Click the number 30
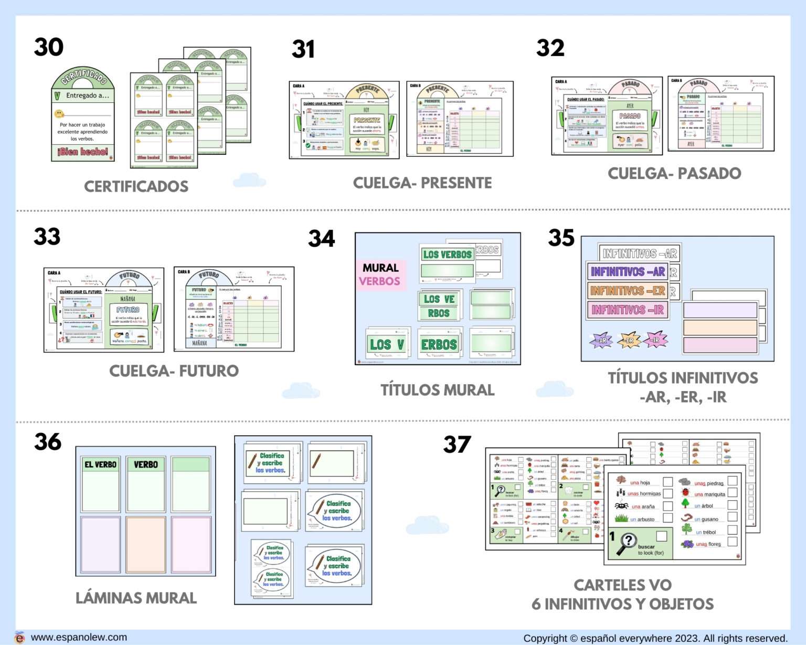tap(49, 47)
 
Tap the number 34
tap(321, 239)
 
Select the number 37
tap(457, 445)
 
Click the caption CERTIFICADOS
tap(136, 186)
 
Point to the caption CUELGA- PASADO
tap(674, 173)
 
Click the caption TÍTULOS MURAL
tap(437, 390)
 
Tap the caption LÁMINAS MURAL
tap(136, 598)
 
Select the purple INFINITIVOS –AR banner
tap(628, 272)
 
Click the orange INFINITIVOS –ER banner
tap(628, 291)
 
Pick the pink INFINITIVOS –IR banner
tap(628, 310)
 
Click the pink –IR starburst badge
tap(655, 340)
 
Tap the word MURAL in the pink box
tap(380, 268)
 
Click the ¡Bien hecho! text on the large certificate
tap(83, 152)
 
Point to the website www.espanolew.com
tap(79, 637)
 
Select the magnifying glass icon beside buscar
tap(627, 544)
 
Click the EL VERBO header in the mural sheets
tap(101, 464)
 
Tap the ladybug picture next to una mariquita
tap(685, 492)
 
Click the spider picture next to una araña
tap(622, 506)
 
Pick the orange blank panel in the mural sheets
tap(145, 545)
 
